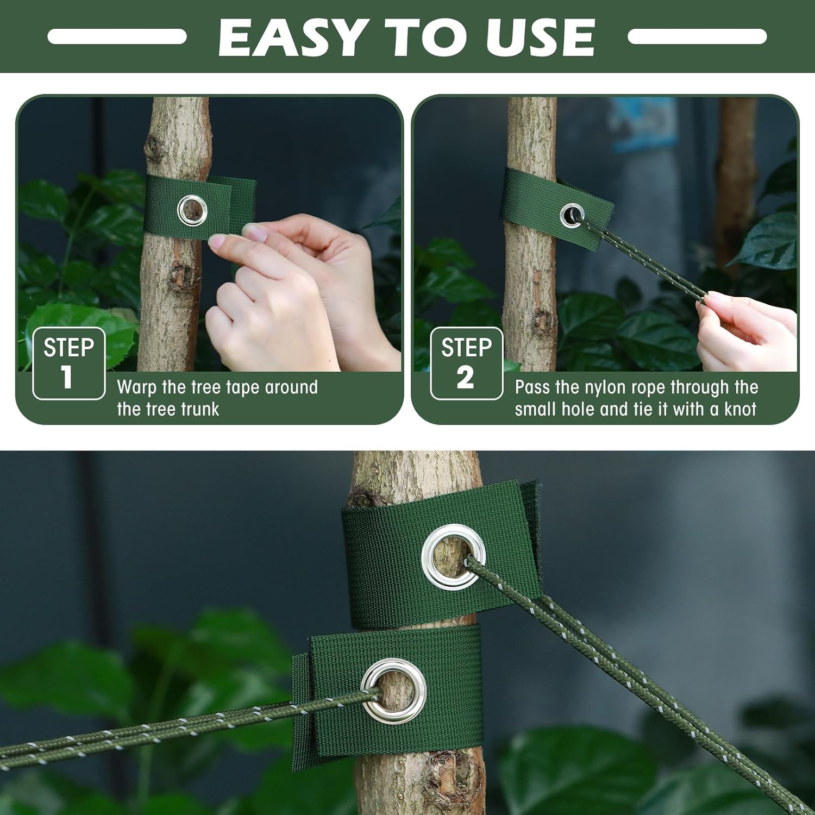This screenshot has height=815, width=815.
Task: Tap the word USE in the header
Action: coord(540,37)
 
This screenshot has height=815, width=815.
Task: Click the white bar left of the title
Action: coord(117,36)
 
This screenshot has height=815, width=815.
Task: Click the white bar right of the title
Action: coord(697,36)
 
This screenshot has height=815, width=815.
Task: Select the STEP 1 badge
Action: coord(68,363)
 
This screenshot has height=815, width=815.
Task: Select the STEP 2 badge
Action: coord(466,363)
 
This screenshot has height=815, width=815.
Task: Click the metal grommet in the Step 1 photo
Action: coord(192,211)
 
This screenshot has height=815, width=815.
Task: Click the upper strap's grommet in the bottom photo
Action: coord(453,556)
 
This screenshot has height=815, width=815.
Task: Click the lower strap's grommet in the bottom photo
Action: coord(393,691)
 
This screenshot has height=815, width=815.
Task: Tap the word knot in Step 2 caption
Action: coord(739,409)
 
